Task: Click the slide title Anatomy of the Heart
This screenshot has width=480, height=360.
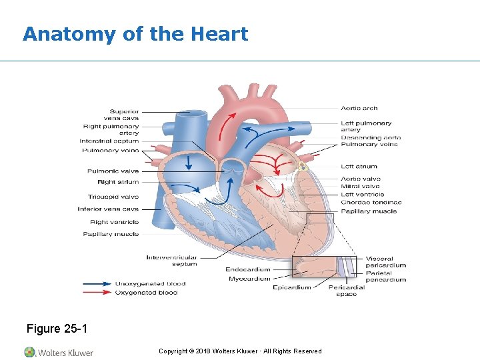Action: [x=135, y=34]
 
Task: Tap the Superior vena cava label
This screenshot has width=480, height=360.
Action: [x=124, y=115]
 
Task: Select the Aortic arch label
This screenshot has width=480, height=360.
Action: [x=359, y=109]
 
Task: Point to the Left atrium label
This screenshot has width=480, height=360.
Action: [x=359, y=167]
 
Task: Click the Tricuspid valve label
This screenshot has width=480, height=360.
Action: [x=113, y=197]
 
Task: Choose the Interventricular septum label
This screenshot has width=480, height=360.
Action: [x=171, y=261]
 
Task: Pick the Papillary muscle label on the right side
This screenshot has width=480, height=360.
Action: [x=369, y=211]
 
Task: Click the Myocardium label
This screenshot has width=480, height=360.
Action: [x=249, y=279]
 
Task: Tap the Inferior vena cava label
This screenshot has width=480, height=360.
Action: [x=108, y=209]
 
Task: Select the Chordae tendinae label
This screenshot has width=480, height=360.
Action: [x=371, y=203]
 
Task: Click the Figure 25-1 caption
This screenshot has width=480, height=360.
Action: [x=57, y=329]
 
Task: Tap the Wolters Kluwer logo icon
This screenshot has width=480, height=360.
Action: [x=30, y=352]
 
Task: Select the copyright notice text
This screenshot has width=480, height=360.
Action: [x=240, y=351]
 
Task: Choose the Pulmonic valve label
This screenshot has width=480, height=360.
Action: [x=113, y=171]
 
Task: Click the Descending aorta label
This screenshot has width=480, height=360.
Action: [x=371, y=137]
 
